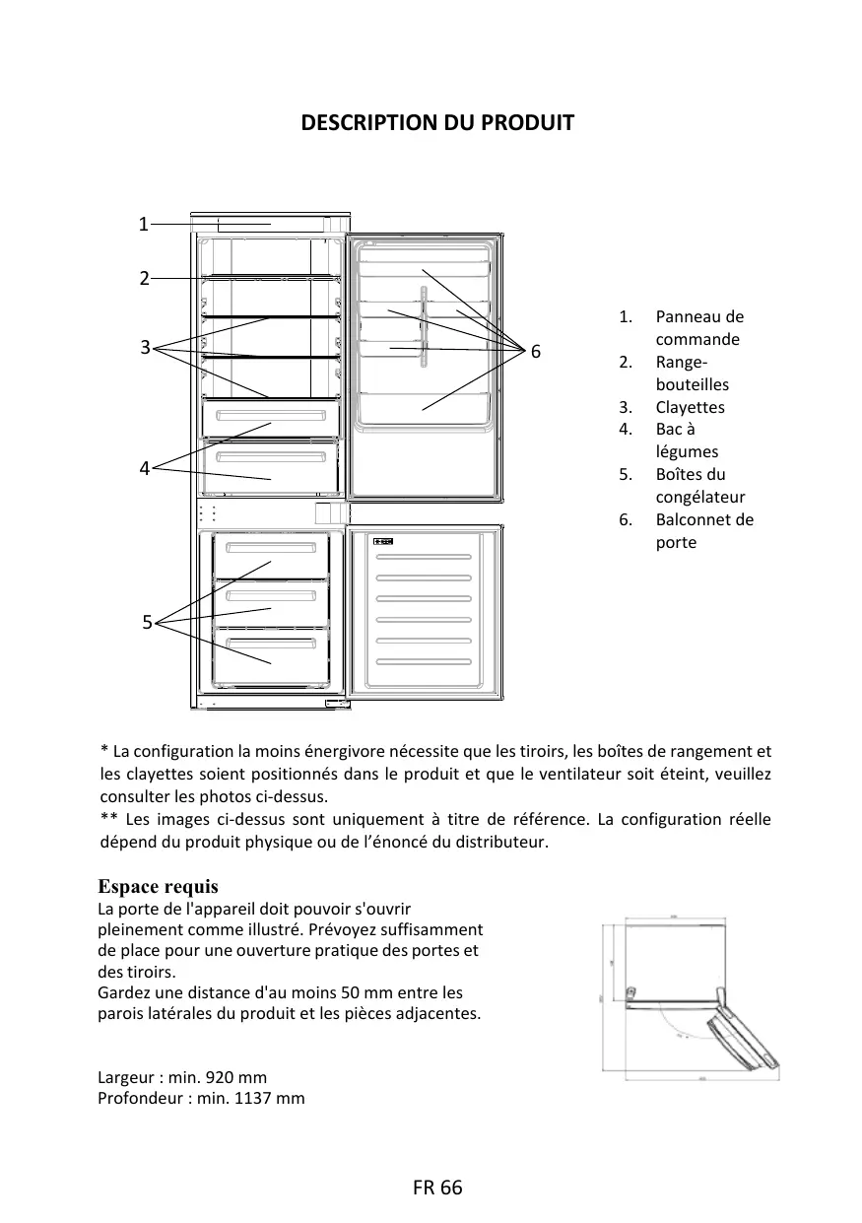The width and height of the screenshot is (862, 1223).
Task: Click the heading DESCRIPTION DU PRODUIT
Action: (x=436, y=123)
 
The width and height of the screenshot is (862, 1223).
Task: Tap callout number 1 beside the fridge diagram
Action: (x=143, y=225)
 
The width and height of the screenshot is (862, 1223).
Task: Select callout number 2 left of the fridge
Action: (x=144, y=279)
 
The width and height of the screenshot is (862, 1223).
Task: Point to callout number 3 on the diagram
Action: (x=145, y=347)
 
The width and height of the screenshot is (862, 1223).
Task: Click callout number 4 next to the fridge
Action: (x=144, y=469)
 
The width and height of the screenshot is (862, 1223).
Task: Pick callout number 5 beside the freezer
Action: (x=147, y=622)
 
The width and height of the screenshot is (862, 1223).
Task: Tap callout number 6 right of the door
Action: (x=535, y=352)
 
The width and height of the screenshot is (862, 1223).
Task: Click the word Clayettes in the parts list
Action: (x=690, y=407)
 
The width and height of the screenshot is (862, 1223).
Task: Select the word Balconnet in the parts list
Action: (x=693, y=519)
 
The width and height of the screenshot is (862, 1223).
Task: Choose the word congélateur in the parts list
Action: (x=700, y=497)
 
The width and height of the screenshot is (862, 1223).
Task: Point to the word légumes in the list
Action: (x=687, y=451)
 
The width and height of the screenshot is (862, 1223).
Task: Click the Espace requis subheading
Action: (x=159, y=887)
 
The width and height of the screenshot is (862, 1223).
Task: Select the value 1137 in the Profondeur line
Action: (x=253, y=1098)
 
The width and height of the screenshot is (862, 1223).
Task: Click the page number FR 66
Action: (x=437, y=1188)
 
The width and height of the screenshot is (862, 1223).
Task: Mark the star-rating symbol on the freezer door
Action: (x=384, y=541)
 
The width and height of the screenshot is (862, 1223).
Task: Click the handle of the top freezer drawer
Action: (x=271, y=548)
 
